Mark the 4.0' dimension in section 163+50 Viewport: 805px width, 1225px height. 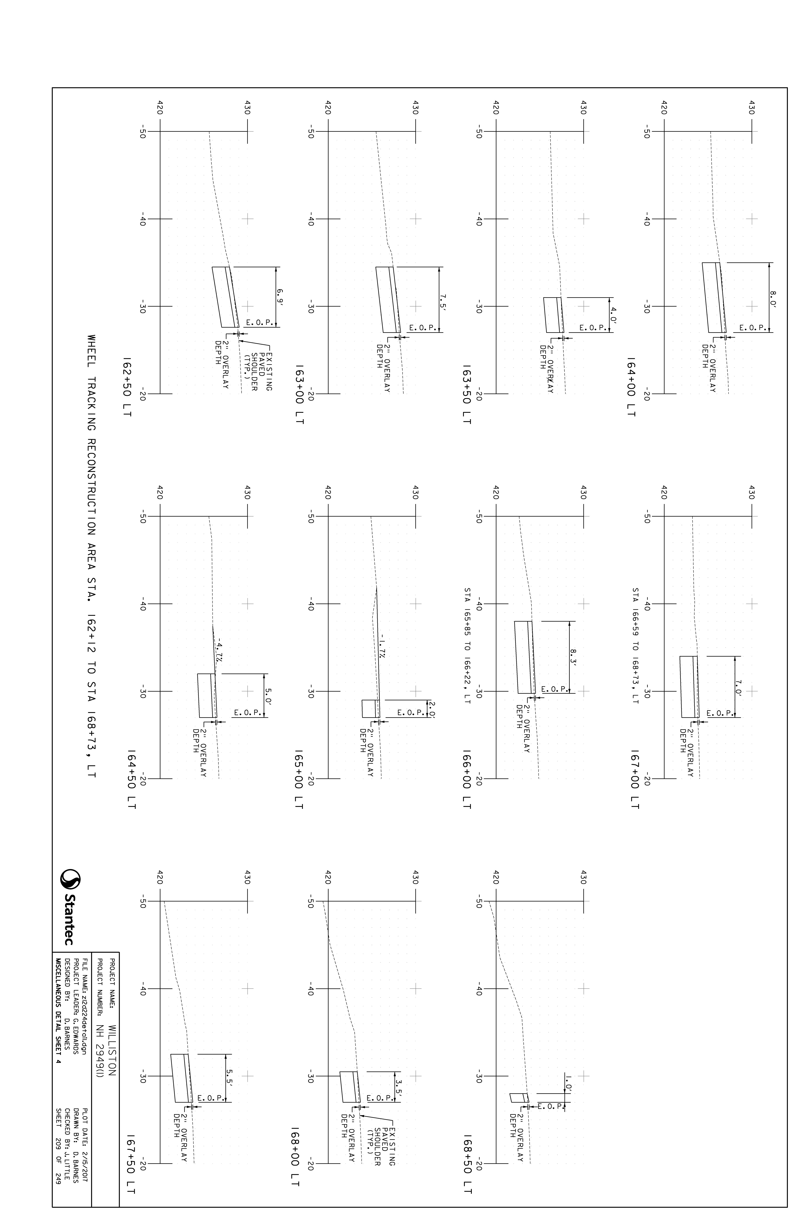click(x=612, y=314)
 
